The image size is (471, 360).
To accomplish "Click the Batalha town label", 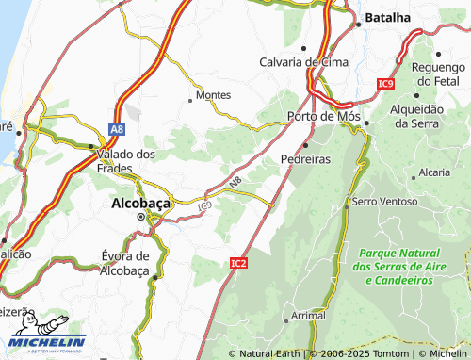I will coord(388,17).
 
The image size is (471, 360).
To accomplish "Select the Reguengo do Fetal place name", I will coord(440,71).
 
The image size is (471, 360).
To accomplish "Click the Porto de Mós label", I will coord(322,116).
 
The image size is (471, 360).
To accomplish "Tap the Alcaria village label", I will coord(434,172).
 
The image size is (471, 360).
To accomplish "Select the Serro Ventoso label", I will coord(382,202).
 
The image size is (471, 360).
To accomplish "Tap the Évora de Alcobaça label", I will coord(125,263).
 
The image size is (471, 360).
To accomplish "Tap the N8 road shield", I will coord(234,182).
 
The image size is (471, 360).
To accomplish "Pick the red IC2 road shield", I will coord(238,263).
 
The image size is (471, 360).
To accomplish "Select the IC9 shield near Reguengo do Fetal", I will coord(383,85).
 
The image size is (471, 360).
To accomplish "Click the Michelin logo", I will coord(46,342).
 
